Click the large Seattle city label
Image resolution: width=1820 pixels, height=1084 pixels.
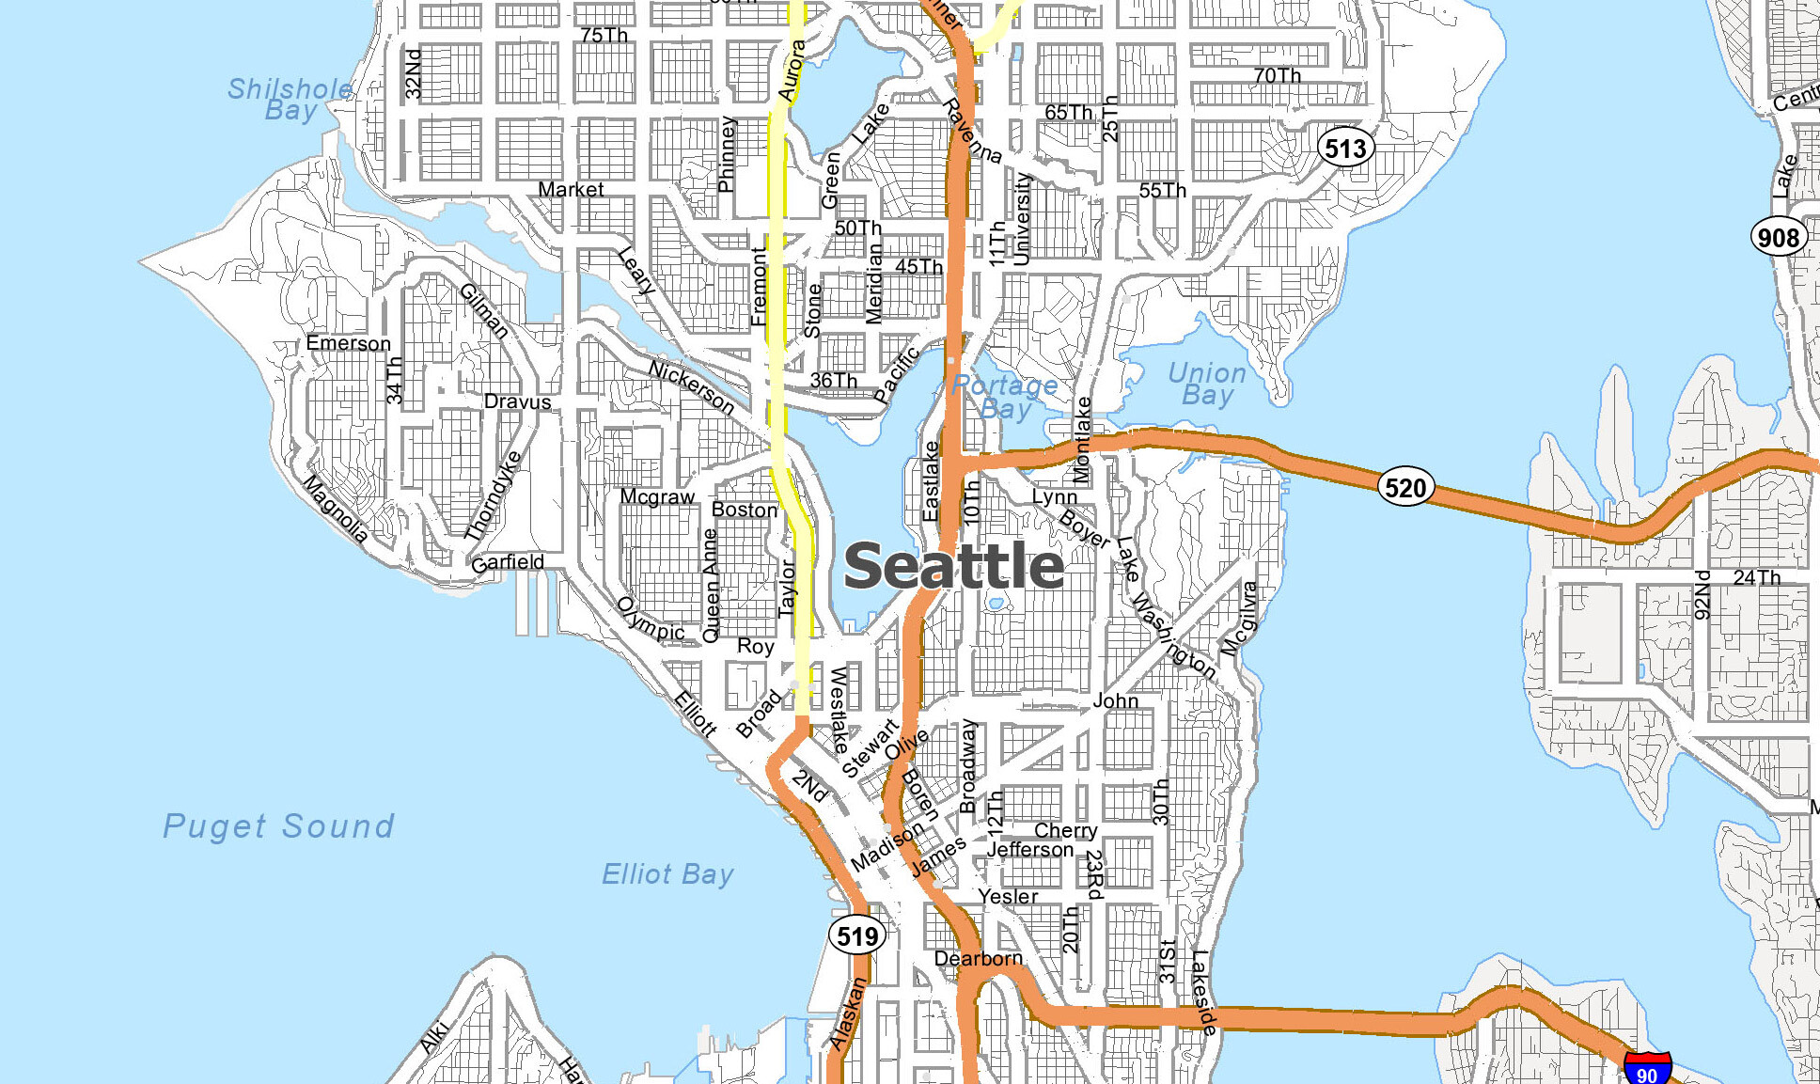tap(953, 566)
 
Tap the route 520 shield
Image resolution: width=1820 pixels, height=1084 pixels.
tap(1405, 487)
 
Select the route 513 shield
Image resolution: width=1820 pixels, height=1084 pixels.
tap(1345, 148)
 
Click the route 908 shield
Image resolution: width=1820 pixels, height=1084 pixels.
tap(1778, 237)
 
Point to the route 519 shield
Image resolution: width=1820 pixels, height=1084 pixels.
tap(857, 935)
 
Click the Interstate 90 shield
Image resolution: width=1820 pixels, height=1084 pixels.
tap(1647, 1070)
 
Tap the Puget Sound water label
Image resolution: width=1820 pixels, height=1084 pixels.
tap(278, 826)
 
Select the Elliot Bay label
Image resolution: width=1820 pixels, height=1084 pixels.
tap(667, 874)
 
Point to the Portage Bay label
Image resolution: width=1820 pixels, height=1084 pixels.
tap(1005, 397)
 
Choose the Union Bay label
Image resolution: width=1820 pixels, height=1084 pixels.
tap(1207, 384)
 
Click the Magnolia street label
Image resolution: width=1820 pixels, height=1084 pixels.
tap(335, 508)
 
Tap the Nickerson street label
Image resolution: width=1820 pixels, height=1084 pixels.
tap(692, 386)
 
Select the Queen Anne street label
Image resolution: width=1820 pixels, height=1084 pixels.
tap(711, 585)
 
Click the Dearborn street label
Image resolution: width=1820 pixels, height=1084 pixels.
tap(978, 958)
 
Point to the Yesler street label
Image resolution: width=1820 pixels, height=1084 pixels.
tap(1008, 896)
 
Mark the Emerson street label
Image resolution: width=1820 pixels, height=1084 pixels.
tap(348, 343)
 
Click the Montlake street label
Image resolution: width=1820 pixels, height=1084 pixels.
tap(1082, 439)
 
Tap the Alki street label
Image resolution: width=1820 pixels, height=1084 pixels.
tap(433, 1036)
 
